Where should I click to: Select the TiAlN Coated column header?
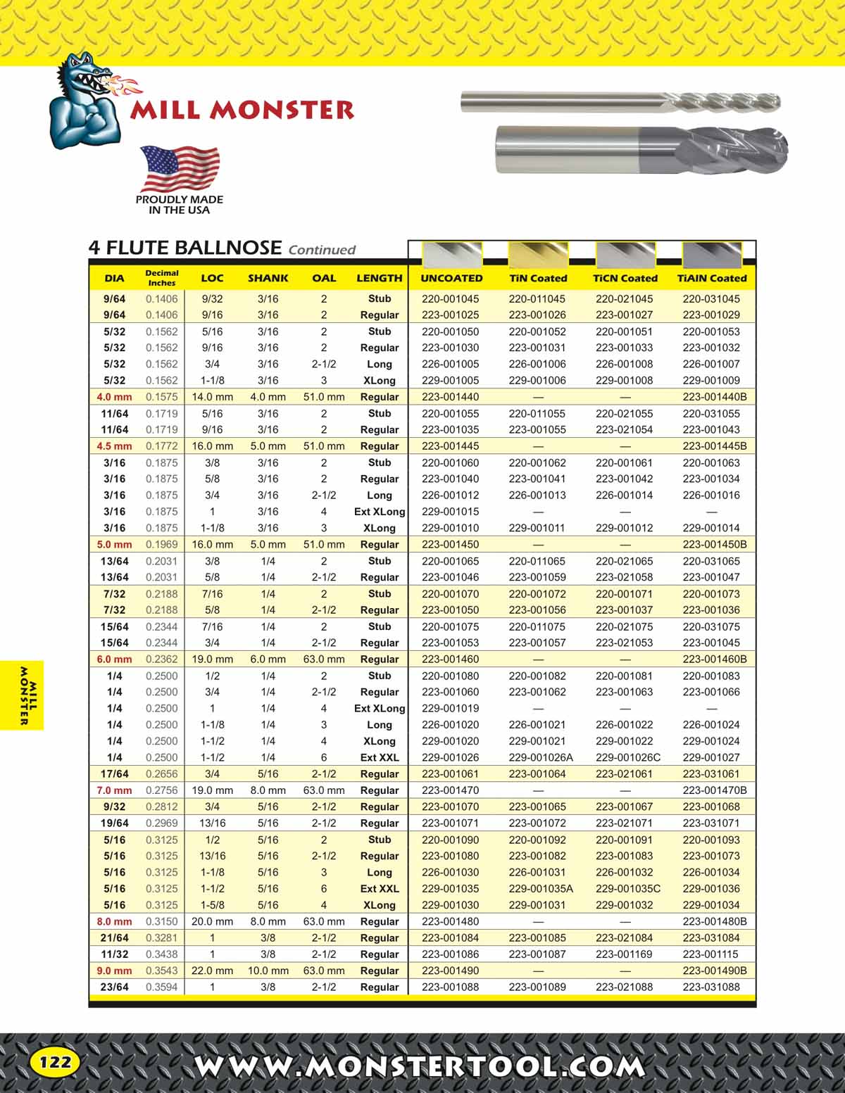click(x=711, y=278)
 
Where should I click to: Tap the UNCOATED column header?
click(x=451, y=278)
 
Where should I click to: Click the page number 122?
click(x=55, y=1061)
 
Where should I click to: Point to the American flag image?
click(x=180, y=169)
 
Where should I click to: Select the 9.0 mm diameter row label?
click(x=114, y=971)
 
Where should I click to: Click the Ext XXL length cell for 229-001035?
click(x=380, y=888)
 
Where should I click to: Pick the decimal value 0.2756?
click(x=161, y=790)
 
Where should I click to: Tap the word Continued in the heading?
click(x=322, y=250)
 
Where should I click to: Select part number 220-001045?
click(x=450, y=298)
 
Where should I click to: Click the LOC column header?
click(x=212, y=278)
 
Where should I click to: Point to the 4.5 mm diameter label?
click(x=114, y=446)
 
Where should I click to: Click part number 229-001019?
click(x=450, y=708)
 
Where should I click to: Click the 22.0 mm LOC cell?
click(x=212, y=971)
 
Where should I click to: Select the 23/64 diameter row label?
click(x=114, y=987)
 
